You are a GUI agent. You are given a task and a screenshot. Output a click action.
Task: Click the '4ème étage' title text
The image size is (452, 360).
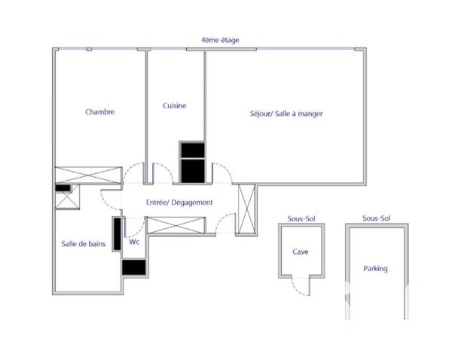pos(220,40)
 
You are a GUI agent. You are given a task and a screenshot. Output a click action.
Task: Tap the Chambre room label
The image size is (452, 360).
pos(99,112)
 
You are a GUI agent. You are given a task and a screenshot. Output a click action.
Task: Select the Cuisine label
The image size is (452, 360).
pos(174,106)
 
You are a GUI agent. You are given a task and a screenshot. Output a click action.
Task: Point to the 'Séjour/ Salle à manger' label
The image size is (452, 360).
pos(286,114)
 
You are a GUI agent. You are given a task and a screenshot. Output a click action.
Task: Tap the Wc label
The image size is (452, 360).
pos(134,243)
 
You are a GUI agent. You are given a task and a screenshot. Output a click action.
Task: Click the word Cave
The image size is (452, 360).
pos(300,252)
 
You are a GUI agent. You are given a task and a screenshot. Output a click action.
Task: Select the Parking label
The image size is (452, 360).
pos(375,268)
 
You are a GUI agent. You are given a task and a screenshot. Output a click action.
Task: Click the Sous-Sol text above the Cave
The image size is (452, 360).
pos(300,218)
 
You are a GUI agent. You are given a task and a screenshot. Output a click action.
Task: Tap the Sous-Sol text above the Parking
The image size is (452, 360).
pos(375,218)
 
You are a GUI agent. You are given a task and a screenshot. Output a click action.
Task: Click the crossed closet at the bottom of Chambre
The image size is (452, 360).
pos(88,175)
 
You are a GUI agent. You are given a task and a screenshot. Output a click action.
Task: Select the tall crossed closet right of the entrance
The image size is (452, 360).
pos(246,208)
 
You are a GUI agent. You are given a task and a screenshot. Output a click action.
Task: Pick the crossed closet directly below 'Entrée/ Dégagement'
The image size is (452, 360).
pos(176,224)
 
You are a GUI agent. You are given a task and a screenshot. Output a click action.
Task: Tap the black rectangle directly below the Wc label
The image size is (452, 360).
pos(133,267)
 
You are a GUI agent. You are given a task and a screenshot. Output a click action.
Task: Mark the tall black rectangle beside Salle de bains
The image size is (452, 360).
pos(118,234)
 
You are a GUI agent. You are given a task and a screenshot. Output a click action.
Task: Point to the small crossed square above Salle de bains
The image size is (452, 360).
pos(63,200)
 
